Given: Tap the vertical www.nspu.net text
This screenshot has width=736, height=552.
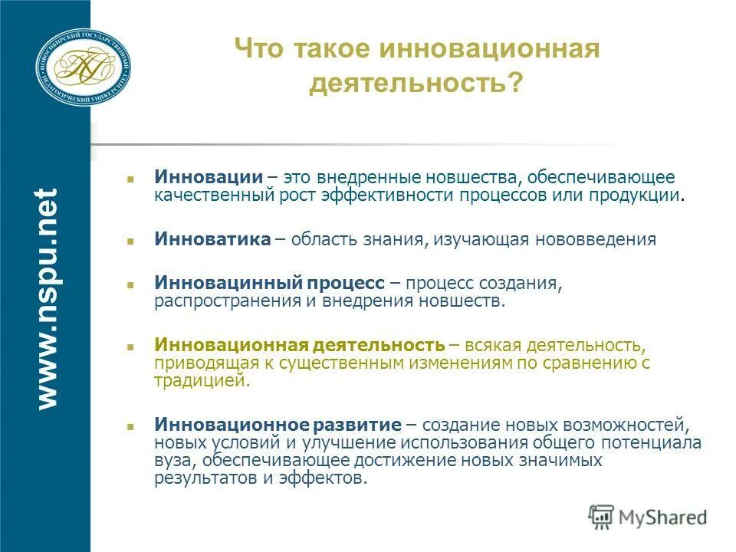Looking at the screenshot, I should (x=47, y=297).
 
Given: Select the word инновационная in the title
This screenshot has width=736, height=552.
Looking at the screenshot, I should (x=487, y=49).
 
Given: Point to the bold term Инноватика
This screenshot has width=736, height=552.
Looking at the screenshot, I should (x=212, y=239).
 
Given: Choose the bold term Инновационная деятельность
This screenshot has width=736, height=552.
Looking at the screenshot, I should (x=300, y=344).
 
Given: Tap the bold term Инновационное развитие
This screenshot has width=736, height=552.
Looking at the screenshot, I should (x=278, y=424).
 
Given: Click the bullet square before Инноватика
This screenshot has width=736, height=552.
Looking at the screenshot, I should (x=131, y=240).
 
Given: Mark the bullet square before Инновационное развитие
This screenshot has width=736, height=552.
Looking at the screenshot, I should (x=131, y=425).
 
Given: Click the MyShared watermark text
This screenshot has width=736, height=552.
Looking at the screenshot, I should (x=663, y=517).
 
